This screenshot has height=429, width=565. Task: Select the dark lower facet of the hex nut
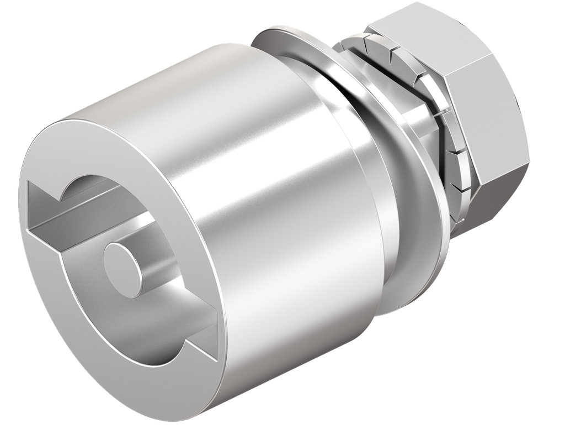pyautogui.click(x=497, y=177)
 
